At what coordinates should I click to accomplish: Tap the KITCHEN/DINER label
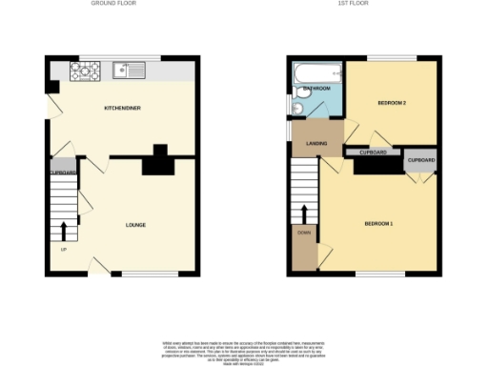(123, 109)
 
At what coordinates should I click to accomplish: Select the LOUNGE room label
(136, 225)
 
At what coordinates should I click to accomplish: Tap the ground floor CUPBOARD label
(63, 173)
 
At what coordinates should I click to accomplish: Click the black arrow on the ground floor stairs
(64, 230)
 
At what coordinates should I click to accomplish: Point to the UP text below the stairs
(64, 250)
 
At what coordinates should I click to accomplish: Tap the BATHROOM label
(316, 89)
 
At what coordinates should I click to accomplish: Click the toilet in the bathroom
(298, 110)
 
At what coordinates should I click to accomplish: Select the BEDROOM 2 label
(392, 101)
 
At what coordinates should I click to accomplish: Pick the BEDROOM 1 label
(378, 224)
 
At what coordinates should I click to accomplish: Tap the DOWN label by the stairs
(304, 233)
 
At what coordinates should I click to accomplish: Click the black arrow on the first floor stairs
(304, 212)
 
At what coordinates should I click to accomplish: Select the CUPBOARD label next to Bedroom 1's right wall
(421, 160)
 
